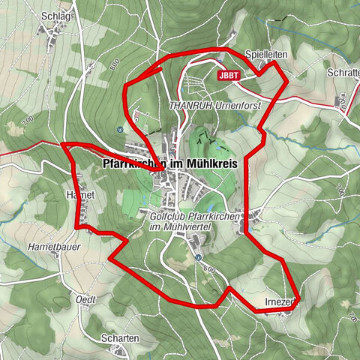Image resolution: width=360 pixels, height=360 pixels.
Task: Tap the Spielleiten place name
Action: [x=264, y=55]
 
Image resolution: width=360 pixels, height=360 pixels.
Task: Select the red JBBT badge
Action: [x=231, y=76]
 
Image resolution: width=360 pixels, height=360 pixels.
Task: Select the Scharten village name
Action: [x=121, y=338]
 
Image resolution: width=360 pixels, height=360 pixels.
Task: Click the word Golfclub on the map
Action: [x=166, y=216]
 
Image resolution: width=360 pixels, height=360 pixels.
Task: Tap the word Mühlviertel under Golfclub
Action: [x=183, y=227]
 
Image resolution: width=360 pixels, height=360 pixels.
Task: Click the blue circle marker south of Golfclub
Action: [x=198, y=257]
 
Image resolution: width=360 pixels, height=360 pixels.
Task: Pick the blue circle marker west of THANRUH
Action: [x=121, y=128]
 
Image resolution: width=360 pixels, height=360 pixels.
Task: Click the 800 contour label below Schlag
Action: [x=113, y=66]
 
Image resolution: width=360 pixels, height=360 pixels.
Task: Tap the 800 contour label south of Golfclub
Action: [x=209, y=268]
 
